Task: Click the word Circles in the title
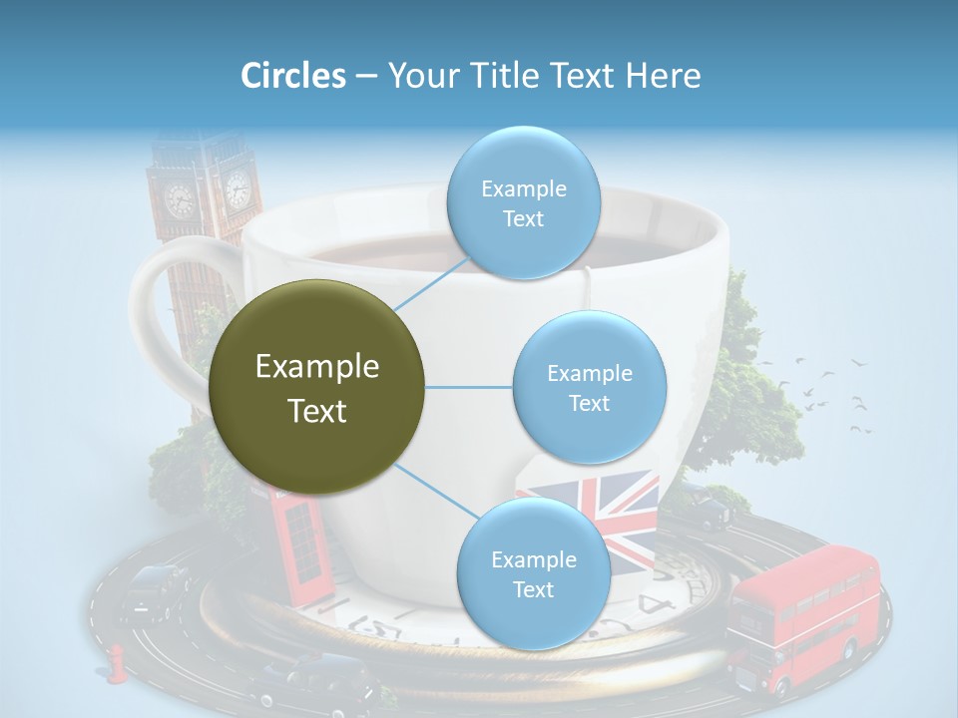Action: point(292,76)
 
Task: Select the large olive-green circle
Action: point(317,387)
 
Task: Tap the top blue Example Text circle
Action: point(523,203)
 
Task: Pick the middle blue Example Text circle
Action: point(589,388)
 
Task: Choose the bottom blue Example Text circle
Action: point(533,574)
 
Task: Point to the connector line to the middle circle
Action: point(469,387)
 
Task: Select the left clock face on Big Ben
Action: point(180,199)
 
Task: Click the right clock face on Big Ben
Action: point(237,187)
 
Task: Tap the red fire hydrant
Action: point(118,663)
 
